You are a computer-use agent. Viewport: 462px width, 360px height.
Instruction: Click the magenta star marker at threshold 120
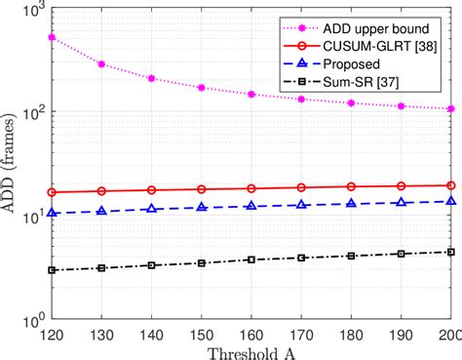click(x=51, y=37)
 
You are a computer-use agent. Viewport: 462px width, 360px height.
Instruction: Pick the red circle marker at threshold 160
click(x=251, y=188)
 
